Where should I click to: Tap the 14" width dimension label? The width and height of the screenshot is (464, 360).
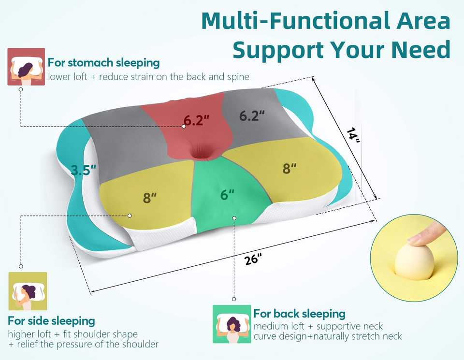coord(354,134)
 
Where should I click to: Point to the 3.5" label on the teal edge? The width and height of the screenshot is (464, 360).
coord(84,170)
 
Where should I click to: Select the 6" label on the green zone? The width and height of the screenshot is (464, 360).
coord(227,194)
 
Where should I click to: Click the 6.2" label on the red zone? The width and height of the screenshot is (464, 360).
coord(197,120)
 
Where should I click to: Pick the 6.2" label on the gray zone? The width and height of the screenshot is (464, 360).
coord(252,115)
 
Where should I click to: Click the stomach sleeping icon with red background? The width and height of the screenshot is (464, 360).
coord(27,67)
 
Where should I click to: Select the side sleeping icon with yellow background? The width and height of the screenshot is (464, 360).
coord(28,291)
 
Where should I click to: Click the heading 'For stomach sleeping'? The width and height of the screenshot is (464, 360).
coord(103,62)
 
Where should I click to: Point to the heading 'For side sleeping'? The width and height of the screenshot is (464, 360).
coord(51,320)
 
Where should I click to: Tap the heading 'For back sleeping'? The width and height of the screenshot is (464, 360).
coord(299,313)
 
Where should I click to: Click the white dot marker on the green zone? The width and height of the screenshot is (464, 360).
coord(234,218)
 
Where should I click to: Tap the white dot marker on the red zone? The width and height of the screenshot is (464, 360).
coord(184,126)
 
